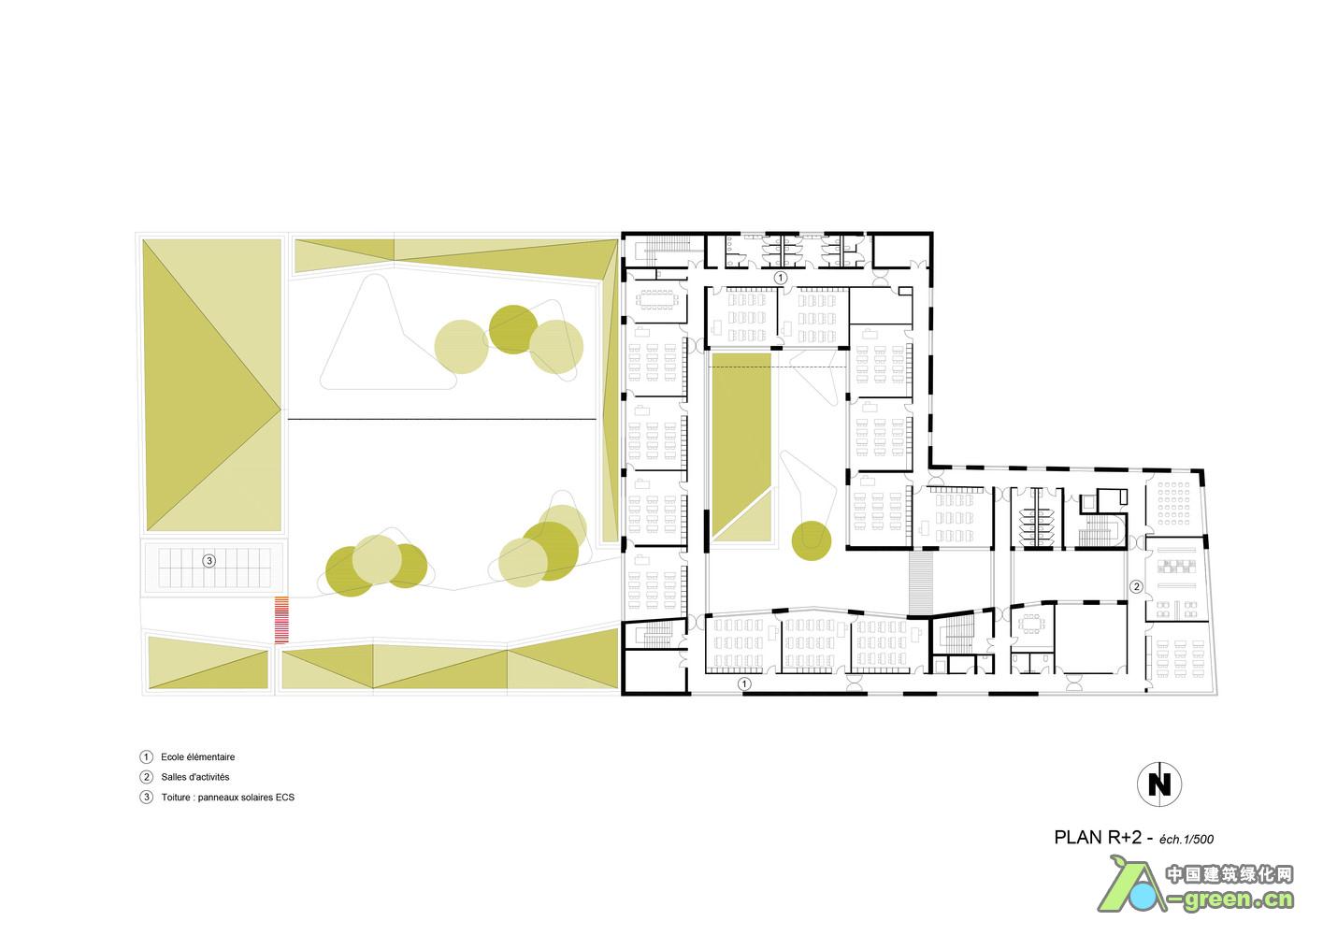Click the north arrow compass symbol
click(1158, 784)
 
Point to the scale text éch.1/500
click(1186, 839)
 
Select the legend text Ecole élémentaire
click(198, 756)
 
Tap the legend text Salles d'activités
click(195, 777)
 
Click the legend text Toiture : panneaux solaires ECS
click(228, 797)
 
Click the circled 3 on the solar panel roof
click(209, 560)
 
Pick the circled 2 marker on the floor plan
click(1136, 586)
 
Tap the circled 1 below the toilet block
click(780, 277)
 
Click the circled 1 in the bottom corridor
click(745, 683)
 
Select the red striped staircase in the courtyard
click(281, 620)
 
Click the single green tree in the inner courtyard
click(812, 540)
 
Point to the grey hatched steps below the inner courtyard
click(921, 583)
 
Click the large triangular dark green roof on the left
click(211, 384)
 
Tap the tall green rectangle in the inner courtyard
click(741, 447)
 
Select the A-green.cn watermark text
click(1229, 900)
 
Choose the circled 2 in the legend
click(147, 777)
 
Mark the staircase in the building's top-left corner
click(663, 250)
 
